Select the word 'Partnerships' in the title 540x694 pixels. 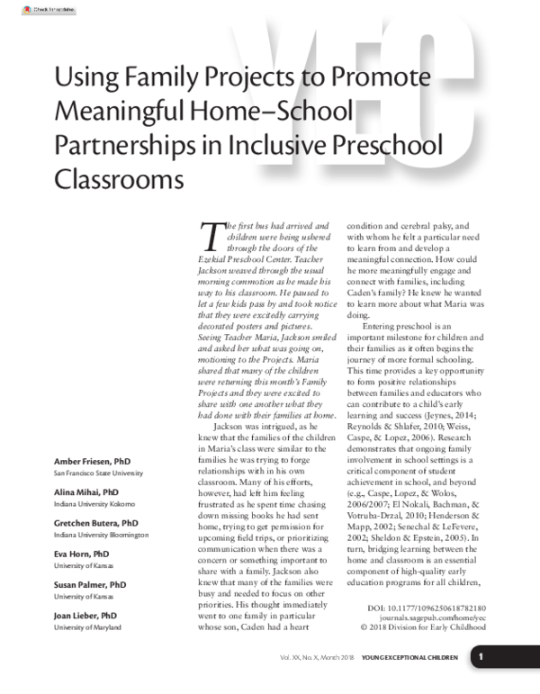click(x=128, y=145)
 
